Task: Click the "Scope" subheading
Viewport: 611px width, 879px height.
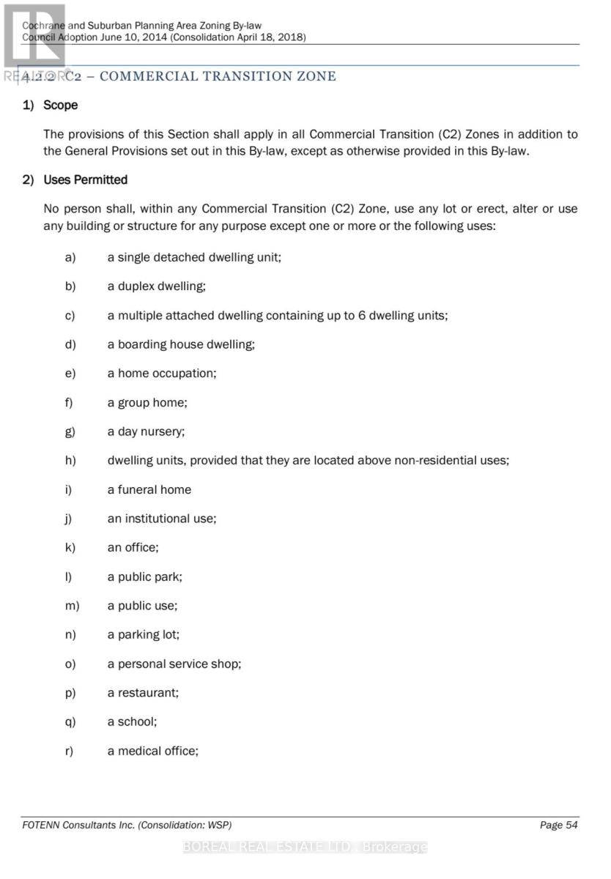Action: [60, 105]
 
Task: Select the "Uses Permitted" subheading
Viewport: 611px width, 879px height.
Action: [85, 180]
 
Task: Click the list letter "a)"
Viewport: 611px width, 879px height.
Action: [70, 257]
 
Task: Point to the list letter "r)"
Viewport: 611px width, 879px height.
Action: [70, 751]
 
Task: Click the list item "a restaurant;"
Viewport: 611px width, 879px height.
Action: [143, 692]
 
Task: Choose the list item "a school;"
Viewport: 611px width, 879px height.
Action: [132, 722]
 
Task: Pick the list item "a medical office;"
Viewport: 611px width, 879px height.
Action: [152, 751]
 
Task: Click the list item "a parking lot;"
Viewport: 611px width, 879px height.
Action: [143, 634]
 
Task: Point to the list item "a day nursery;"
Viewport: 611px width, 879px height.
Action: [146, 431]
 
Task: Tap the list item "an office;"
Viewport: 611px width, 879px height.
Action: [133, 547]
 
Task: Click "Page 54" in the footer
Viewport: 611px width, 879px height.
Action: [558, 826]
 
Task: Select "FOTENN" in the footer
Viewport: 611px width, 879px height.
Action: [42, 826]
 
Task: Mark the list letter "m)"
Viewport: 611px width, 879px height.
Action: [72, 606]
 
